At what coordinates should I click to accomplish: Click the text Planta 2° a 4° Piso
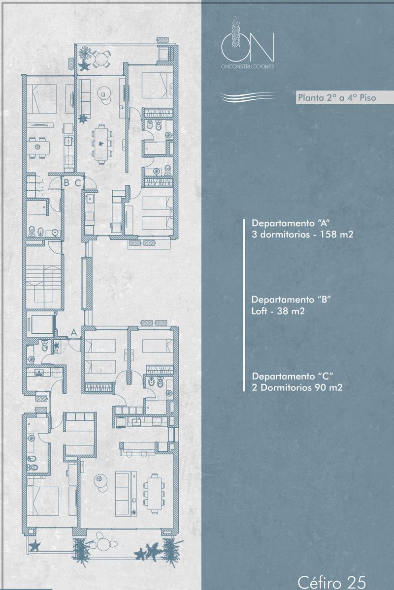(x=337, y=98)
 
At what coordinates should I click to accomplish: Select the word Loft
(x=260, y=311)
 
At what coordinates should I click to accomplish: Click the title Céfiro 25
(x=332, y=582)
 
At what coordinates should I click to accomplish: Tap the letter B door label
(x=67, y=182)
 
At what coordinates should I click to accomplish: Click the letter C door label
(x=78, y=183)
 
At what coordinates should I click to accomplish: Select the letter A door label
(x=74, y=332)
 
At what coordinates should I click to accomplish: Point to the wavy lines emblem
(x=248, y=96)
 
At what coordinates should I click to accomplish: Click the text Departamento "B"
(x=291, y=299)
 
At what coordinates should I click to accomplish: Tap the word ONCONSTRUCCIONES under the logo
(x=248, y=67)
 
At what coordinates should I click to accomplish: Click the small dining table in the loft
(x=39, y=147)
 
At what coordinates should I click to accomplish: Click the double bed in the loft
(x=42, y=99)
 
